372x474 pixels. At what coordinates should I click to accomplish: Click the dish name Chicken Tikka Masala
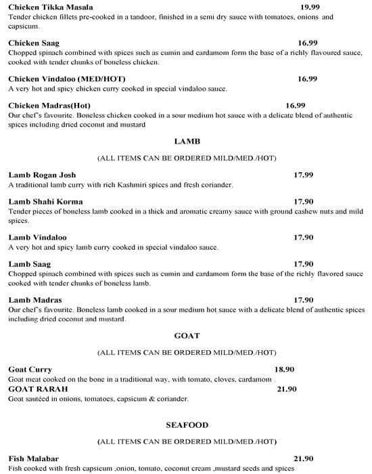46,7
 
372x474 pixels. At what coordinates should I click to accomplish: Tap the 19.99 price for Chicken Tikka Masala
310,7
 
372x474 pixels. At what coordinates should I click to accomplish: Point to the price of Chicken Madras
296,105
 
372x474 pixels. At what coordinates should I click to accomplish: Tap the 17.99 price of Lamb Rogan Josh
303,175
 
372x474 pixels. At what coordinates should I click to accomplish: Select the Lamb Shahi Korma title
45,201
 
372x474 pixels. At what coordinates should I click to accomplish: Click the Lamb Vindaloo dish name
37,237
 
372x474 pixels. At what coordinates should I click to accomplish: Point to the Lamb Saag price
304,263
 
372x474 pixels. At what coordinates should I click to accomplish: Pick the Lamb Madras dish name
35,299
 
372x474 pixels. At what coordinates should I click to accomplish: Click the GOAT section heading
187,335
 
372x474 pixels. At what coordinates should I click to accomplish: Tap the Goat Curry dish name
30,369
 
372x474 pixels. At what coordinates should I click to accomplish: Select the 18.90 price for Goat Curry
284,369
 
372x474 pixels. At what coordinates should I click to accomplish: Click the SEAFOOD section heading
187,425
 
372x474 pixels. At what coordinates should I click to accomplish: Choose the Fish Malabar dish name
34,458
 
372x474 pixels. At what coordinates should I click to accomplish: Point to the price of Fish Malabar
304,458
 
